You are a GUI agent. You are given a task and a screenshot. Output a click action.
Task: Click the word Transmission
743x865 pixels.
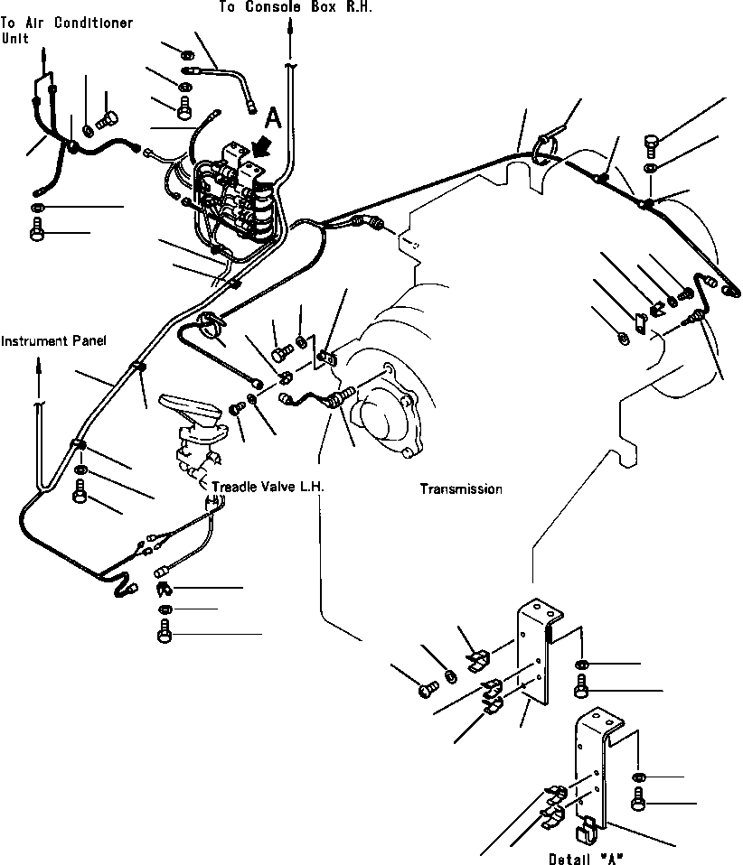(460, 488)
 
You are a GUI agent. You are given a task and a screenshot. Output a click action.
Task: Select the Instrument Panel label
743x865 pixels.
(53, 341)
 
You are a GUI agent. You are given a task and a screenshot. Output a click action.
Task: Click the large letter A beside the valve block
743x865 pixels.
(272, 116)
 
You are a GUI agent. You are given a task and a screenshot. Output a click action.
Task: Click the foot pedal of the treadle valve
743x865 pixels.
(191, 411)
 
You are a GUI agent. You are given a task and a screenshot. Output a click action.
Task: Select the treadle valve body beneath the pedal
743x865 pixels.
(193, 451)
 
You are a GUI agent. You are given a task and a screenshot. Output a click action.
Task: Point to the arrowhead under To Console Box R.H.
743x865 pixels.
(290, 28)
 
